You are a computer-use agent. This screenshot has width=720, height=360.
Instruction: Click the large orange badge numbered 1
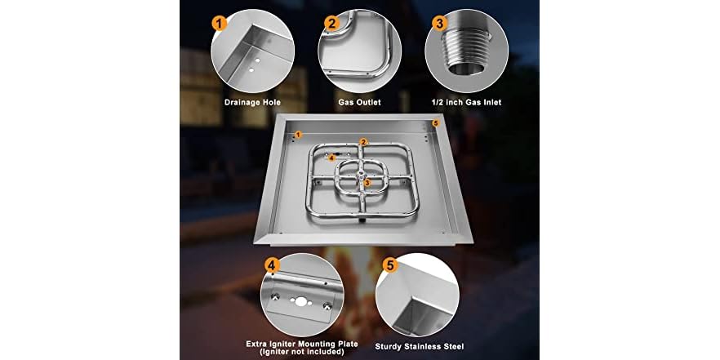point(219,24)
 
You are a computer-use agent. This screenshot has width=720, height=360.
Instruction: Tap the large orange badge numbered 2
point(331,24)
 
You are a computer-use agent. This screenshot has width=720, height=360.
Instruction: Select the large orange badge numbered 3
point(440,24)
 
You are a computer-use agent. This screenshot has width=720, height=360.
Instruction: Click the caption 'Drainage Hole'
point(251,103)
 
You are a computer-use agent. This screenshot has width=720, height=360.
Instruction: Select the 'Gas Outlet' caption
point(359,103)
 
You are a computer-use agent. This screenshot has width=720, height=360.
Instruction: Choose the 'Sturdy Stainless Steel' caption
point(419,344)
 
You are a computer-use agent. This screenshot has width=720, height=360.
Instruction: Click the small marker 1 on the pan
point(298,134)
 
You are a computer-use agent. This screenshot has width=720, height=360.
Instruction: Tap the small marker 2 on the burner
point(363,142)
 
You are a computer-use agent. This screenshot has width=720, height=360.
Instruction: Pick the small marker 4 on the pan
point(332,158)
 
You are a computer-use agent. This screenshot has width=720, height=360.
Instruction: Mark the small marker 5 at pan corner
point(436,123)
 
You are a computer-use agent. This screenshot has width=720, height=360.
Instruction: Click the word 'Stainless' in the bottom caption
point(420,344)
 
